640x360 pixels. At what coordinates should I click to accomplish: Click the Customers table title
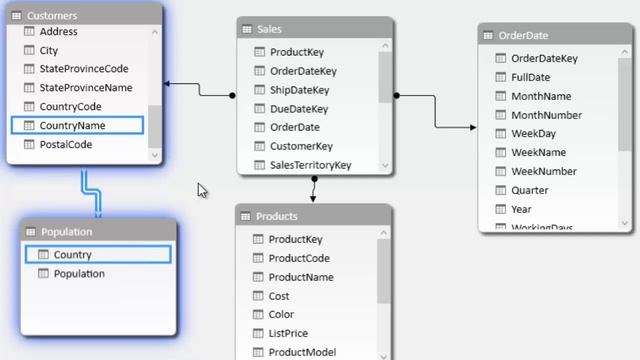[x=52, y=16]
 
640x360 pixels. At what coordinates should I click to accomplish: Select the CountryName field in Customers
[x=71, y=126]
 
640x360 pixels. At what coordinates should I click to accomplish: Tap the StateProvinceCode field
[x=83, y=69]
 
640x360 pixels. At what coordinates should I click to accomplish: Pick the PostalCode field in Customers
[x=65, y=145]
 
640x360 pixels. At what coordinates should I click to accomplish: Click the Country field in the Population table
[x=72, y=255]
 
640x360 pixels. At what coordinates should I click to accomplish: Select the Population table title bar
[x=66, y=232]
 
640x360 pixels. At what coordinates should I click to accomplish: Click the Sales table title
[x=269, y=30]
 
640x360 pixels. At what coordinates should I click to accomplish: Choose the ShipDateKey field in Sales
[x=299, y=90]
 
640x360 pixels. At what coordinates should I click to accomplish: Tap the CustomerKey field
[x=301, y=146]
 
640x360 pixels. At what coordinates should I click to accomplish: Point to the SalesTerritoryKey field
[x=310, y=165]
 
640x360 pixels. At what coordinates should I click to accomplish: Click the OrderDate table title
[x=522, y=35]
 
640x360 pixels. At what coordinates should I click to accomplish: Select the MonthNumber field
[x=546, y=115]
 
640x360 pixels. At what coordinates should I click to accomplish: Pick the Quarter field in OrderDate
[x=529, y=190]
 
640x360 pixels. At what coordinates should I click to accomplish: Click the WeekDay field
[x=533, y=134]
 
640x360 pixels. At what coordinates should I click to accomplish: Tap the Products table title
[x=276, y=216]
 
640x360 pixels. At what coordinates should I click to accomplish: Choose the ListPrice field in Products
[x=288, y=333]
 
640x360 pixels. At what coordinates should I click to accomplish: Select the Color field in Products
[x=281, y=314]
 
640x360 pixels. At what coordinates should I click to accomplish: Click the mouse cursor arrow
[x=202, y=189]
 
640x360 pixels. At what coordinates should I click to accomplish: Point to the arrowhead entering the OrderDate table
[x=473, y=127]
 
